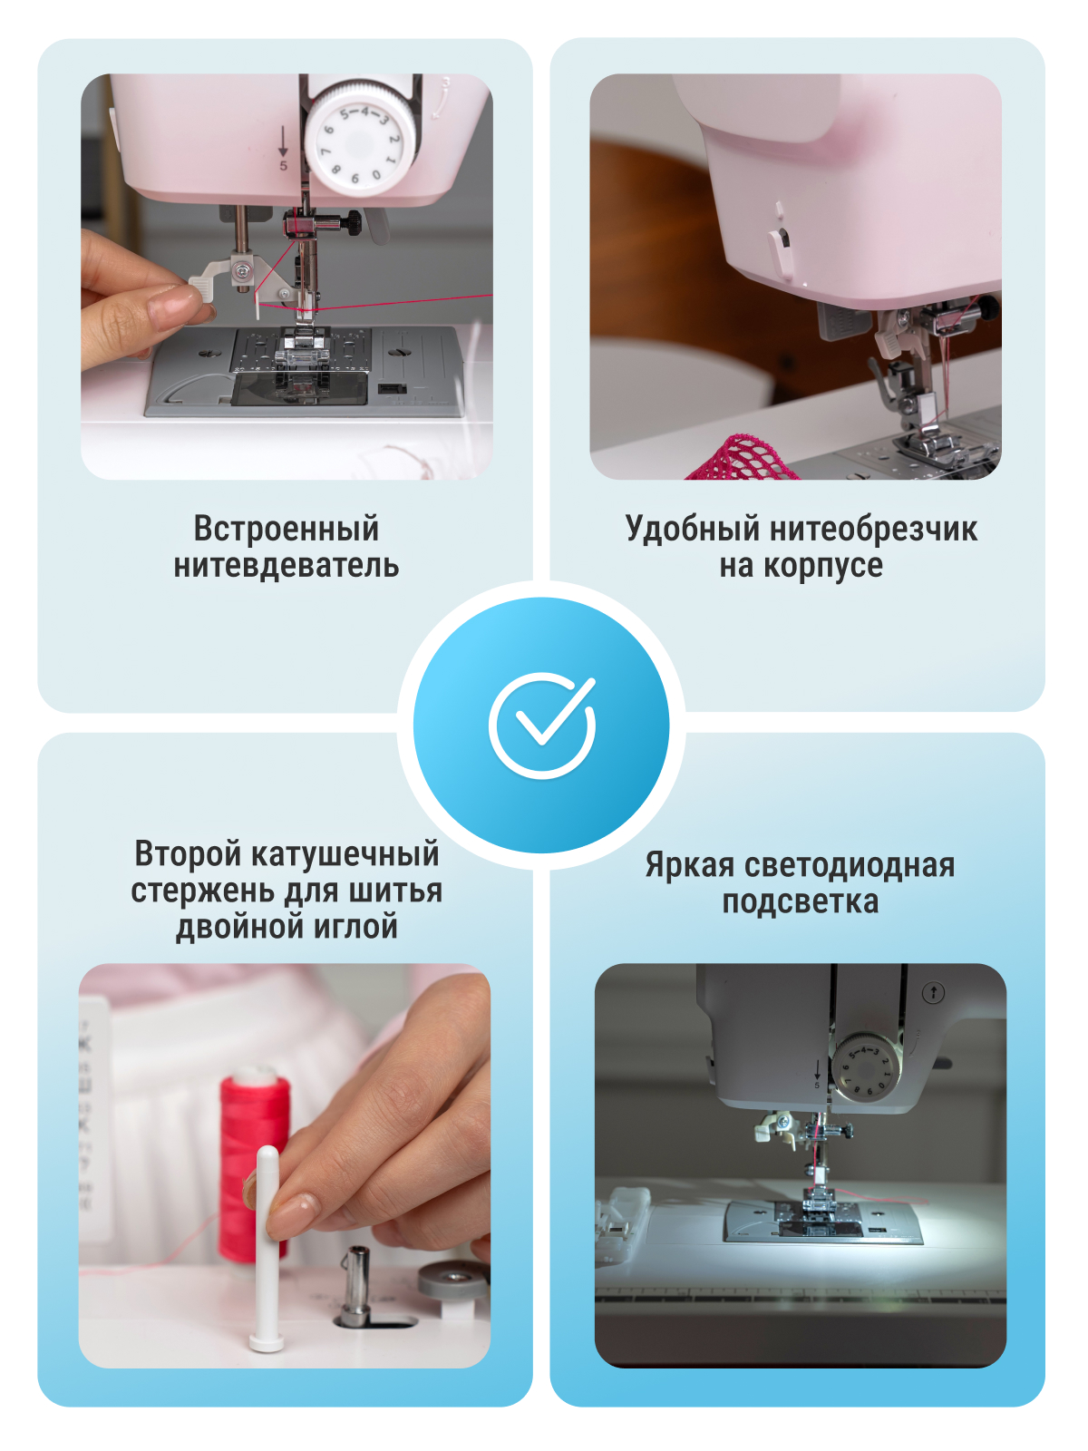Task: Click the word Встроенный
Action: [286, 529]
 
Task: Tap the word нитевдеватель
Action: [286, 566]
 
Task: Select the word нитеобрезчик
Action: [874, 529]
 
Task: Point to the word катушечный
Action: [346, 854]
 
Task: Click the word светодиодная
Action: [847, 864]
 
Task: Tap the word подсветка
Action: [800, 901]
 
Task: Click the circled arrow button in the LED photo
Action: [934, 992]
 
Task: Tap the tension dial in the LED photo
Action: [866, 1067]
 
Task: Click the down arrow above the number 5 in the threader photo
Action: [283, 141]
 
